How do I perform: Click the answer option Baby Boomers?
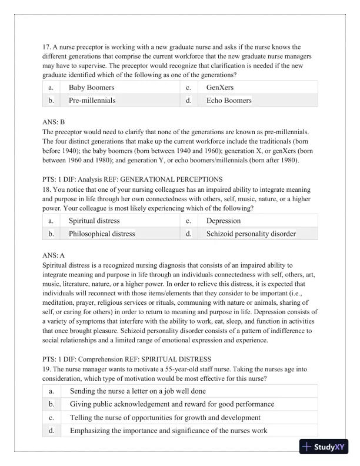click(x=91, y=88)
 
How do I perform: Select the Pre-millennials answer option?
click(x=92, y=101)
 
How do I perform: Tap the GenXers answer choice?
click(x=219, y=88)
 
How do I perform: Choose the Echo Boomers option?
click(x=228, y=101)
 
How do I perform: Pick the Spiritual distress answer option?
click(x=94, y=221)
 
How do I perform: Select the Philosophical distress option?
click(x=102, y=234)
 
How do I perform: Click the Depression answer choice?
click(x=223, y=221)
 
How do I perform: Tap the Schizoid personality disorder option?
click(x=251, y=234)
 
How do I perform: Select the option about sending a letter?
click(x=138, y=391)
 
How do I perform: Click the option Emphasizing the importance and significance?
click(x=168, y=430)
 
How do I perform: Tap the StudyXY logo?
click(x=325, y=447)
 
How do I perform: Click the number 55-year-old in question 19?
click(x=178, y=370)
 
